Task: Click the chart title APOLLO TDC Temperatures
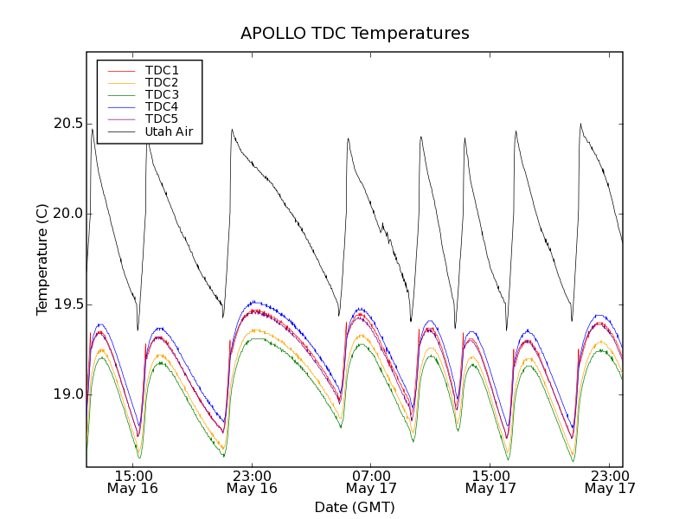pyautogui.click(x=355, y=34)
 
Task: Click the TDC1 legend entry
pyautogui.click(x=162, y=70)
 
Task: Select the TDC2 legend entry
pyautogui.click(x=162, y=82)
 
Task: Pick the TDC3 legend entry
pyautogui.click(x=162, y=94)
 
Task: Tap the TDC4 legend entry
pyautogui.click(x=162, y=106)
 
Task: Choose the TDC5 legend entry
pyautogui.click(x=162, y=119)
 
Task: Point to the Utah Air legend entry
pyautogui.click(x=169, y=131)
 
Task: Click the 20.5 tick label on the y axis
pyautogui.click(x=68, y=124)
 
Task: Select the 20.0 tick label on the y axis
pyautogui.click(x=68, y=214)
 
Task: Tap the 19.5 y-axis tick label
pyautogui.click(x=68, y=304)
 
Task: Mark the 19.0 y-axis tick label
pyautogui.click(x=68, y=394)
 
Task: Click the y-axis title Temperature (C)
pyautogui.click(x=42, y=259)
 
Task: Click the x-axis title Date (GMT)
pyautogui.click(x=355, y=507)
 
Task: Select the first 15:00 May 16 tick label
pyautogui.click(x=133, y=482)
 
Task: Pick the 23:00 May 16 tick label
pyautogui.click(x=253, y=482)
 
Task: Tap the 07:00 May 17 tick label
pyautogui.click(x=372, y=482)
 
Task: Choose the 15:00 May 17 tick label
pyautogui.click(x=490, y=482)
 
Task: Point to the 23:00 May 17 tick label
pyautogui.click(x=610, y=482)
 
